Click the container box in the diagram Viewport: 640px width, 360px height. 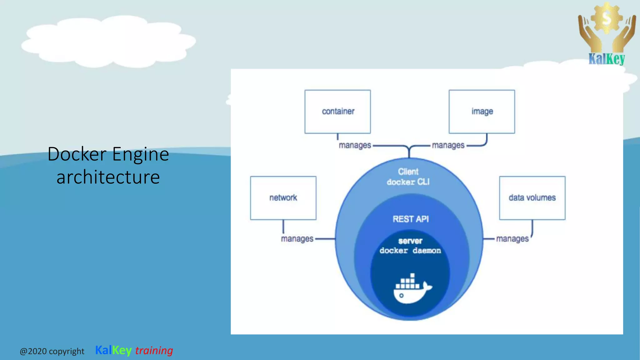pyautogui.click(x=337, y=112)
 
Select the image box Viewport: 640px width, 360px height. pyautogui.click(x=482, y=112)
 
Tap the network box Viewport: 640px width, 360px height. pyautogui.click(x=283, y=198)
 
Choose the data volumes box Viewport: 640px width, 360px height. pyautogui.click(x=532, y=198)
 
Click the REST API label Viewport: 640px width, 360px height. pyautogui.click(x=410, y=219)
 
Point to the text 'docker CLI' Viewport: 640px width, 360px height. pyautogui.click(x=408, y=182)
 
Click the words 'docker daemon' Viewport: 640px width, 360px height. pyautogui.click(x=410, y=251)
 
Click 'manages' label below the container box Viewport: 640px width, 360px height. pyautogui.click(x=355, y=145)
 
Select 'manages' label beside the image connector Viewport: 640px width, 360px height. pyautogui.click(x=448, y=145)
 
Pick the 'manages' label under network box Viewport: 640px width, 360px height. pyautogui.click(x=297, y=239)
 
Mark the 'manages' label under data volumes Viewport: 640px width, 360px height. pyautogui.click(x=512, y=239)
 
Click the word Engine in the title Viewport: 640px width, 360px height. pyautogui.click(x=140, y=154)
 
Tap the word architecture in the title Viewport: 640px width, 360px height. pyautogui.click(x=108, y=177)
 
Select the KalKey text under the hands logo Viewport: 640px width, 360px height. pyautogui.click(x=607, y=59)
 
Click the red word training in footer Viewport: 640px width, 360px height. pyautogui.click(x=154, y=350)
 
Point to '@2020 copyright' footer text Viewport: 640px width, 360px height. pyautogui.click(x=52, y=351)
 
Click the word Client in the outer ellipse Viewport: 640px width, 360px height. pyautogui.click(x=408, y=172)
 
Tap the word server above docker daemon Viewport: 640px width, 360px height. pyautogui.click(x=410, y=241)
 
